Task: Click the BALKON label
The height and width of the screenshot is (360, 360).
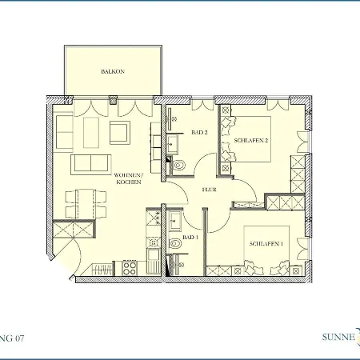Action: (112, 71)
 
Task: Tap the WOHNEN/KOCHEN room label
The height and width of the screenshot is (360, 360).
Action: (128, 178)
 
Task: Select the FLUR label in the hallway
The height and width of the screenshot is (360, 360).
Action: (210, 190)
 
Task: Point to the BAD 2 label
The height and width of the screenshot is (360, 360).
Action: (199, 133)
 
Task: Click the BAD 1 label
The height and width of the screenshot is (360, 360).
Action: (190, 238)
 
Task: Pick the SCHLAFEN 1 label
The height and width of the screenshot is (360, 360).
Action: (265, 243)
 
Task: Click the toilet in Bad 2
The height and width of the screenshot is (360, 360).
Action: (179, 166)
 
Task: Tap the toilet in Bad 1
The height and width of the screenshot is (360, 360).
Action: (175, 243)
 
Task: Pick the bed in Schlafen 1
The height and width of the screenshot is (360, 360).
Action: (264, 244)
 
